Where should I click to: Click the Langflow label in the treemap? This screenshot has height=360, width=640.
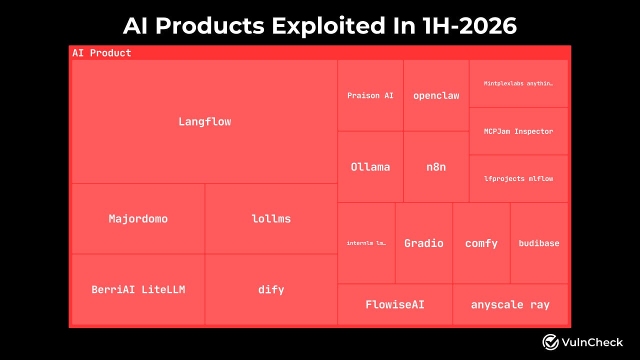(x=204, y=121)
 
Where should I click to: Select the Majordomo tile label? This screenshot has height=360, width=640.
(x=138, y=219)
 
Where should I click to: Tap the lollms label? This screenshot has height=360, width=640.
(x=271, y=219)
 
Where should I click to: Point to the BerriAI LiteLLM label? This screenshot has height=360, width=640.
(x=138, y=289)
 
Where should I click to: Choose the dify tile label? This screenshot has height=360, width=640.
(x=271, y=290)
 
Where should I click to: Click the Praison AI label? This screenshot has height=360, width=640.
(x=370, y=95)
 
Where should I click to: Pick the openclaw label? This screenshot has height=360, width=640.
(x=436, y=95)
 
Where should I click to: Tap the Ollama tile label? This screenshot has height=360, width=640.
(x=370, y=167)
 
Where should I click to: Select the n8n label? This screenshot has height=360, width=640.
(x=436, y=167)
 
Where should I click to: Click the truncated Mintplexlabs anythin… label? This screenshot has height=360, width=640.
(x=518, y=83)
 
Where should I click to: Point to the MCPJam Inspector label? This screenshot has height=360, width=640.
(x=518, y=131)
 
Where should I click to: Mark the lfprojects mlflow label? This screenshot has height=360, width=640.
(x=518, y=179)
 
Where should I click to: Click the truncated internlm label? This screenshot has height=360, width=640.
(x=366, y=243)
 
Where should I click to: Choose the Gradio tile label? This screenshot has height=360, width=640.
(x=423, y=243)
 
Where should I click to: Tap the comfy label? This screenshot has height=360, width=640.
(x=481, y=243)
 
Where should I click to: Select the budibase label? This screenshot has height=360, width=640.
(x=539, y=243)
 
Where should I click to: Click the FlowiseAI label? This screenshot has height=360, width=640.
(x=395, y=304)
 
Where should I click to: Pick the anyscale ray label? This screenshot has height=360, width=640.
(x=510, y=305)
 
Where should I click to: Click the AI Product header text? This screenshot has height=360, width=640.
(x=101, y=53)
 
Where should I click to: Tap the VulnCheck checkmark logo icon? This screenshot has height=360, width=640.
(x=550, y=342)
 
